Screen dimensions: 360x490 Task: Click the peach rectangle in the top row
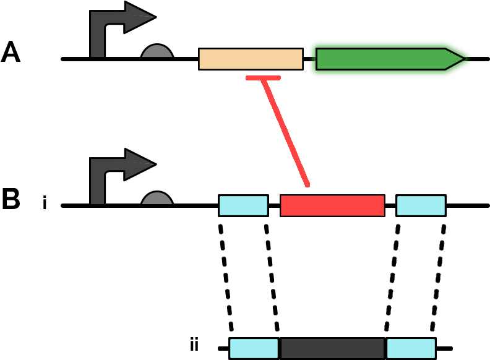(x=251, y=59)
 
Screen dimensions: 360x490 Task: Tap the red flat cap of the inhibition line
(x=263, y=78)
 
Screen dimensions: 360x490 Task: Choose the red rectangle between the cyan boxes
(x=332, y=205)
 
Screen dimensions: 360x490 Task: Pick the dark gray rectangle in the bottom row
(x=332, y=348)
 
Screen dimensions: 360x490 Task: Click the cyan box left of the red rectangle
(x=243, y=205)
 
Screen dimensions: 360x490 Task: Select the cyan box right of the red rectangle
(x=421, y=205)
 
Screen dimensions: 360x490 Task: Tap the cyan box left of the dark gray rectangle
(x=254, y=348)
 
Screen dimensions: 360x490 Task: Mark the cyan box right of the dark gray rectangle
(x=411, y=348)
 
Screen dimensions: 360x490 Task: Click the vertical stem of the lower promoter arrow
(x=97, y=186)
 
